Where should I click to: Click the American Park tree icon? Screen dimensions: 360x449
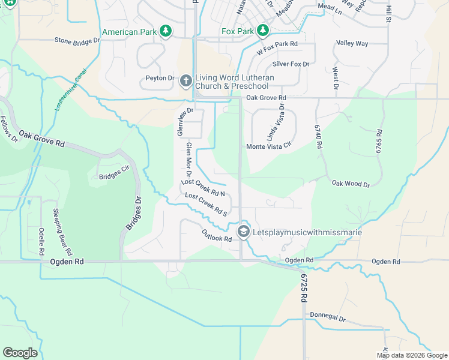click(166, 31)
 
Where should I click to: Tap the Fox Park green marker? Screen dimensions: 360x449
click(262, 31)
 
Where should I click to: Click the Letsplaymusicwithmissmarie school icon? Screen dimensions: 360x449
click(243, 231)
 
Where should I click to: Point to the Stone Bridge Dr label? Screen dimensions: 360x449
click(77, 41)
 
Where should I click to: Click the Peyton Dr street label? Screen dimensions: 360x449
click(160, 79)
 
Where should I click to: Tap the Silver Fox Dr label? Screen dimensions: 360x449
click(291, 64)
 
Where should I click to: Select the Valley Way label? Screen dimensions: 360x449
click(352, 44)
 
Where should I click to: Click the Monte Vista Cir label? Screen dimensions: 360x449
click(268, 146)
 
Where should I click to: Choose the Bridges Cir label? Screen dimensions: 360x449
click(113, 176)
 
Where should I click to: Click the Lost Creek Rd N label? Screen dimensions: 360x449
click(203, 188)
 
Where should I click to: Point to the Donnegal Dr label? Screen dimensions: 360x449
click(328, 315)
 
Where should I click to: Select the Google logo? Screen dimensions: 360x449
click(20, 352)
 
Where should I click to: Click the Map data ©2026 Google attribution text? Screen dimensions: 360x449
click(411, 355)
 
